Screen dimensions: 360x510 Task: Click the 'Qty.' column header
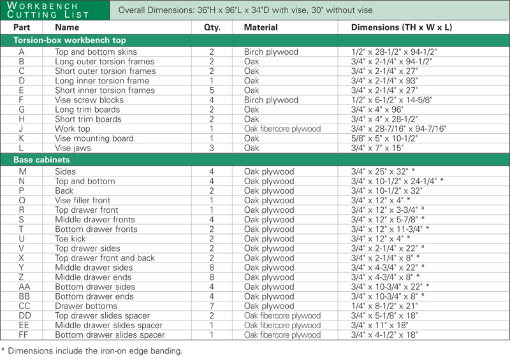[212, 27]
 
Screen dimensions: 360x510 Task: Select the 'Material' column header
[261, 27]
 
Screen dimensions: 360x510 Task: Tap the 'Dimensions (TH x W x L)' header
[401, 27]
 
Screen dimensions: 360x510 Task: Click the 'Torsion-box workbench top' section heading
[69, 40]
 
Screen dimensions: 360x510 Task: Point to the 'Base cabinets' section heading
[41, 159]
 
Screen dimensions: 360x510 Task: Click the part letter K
[22, 138]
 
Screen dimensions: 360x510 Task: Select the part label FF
[24, 335]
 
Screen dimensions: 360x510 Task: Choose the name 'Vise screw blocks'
[89, 100]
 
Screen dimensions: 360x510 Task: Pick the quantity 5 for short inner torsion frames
[212, 90]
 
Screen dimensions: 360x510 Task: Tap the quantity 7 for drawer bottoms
[212, 306]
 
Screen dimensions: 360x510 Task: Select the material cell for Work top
[282, 129]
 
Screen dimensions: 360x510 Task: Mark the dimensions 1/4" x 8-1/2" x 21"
[383, 306]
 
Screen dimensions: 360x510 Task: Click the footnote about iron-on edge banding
[92, 350]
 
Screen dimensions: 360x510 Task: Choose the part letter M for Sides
[22, 171]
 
